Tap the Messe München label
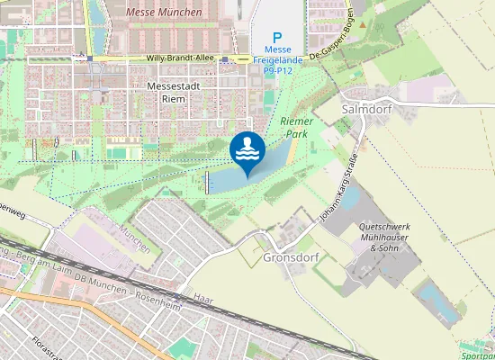pyautogui.click(x=165, y=13)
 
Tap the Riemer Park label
pyautogui.click(x=294, y=127)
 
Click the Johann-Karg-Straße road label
pyautogui.click(x=337, y=190)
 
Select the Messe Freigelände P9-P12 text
pyautogui.click(x=278, y=58)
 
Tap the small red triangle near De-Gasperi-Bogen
pyautogui.click(x=362, y=24)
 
